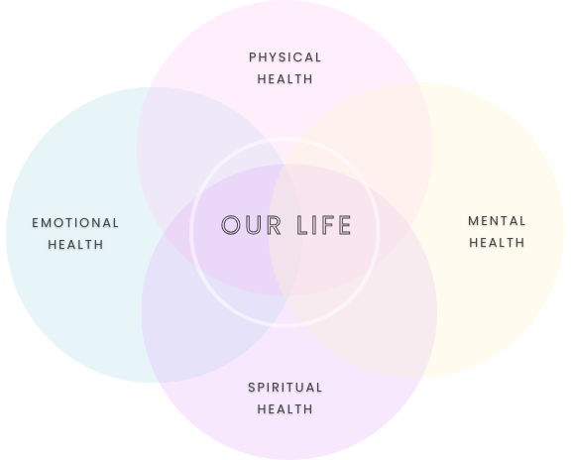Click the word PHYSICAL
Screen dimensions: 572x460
285,57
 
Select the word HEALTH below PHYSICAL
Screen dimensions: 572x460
285,78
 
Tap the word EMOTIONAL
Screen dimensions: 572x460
75,223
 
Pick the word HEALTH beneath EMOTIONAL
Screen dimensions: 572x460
75,245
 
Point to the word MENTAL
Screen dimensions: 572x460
497,221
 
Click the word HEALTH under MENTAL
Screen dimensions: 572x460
497,242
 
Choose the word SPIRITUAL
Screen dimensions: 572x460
285,388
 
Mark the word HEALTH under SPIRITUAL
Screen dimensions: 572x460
285,408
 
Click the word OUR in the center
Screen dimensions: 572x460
252,225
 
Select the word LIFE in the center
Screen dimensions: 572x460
324,225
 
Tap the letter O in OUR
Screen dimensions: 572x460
231,225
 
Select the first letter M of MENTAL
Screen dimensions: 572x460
473,221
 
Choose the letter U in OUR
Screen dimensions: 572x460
254,225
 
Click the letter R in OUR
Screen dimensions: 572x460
275,225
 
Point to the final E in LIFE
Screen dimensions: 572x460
344,225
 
